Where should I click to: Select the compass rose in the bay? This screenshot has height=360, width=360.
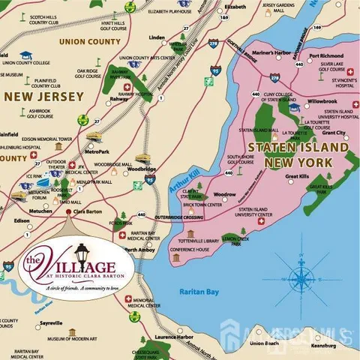pos(299,263)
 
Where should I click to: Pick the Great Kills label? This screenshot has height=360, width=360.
pos(298,177)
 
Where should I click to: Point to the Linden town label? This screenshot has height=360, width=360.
pos(157,37)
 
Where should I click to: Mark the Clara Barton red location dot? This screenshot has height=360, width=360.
pos(69,212)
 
